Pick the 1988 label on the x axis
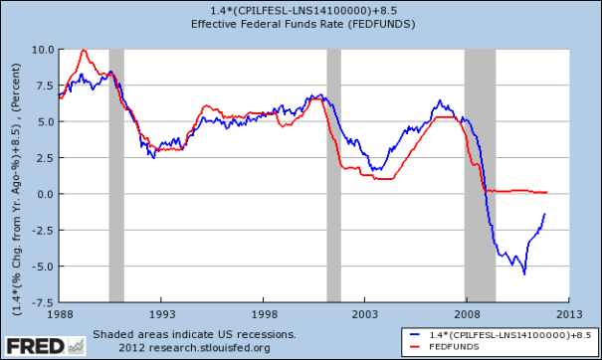(x=61, y=312)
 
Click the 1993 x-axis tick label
(x=162, y=312)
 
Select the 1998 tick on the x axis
(x=264, y=312)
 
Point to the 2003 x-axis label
(x=365, y=312)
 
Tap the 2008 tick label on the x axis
(x=466, y=312)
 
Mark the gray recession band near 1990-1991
(x=116, y=175)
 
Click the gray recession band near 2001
(x=333, y=175)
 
